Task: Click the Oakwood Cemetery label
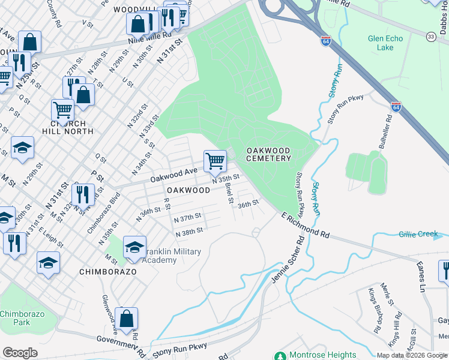[268, 154]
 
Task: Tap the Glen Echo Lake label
[385, 43]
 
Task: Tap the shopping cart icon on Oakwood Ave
[215, 161]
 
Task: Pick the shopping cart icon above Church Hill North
[62, 110]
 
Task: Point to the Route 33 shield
[430, 37]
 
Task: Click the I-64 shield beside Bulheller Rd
[396, 107]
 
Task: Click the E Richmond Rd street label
[306, 225]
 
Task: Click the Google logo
[20, 352]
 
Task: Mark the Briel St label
[228, 192]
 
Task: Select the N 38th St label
[188, 231]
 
